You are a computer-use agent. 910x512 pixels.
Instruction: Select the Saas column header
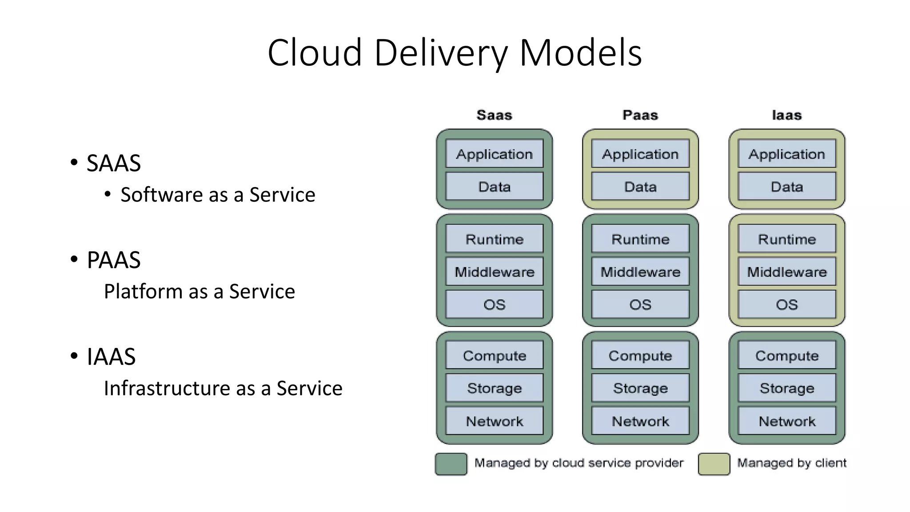[x=494, y=115]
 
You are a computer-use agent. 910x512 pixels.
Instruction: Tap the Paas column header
[x=640, y=115]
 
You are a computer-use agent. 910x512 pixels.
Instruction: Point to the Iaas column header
[x=786, y=115]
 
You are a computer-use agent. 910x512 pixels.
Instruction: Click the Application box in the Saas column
[x=494, y=154]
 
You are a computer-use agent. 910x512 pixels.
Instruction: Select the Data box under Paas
[x=640, y=187]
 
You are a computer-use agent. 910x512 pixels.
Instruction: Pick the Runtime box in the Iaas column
[x=786, y=239]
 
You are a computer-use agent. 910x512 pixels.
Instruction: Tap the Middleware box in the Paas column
[x=640, y=272]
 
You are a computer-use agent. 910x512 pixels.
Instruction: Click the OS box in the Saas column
[x=494, y=304]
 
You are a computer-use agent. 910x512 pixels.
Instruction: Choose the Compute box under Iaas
[x=786, y=356]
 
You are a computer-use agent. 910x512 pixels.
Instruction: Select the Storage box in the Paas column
[x=640, y=388]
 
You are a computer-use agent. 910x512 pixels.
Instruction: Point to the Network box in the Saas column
[x=494, y=421]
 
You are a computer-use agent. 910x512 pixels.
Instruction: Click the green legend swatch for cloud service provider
[x=451, y=464]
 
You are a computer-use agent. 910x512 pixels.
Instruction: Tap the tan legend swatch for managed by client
[x=714, y=464]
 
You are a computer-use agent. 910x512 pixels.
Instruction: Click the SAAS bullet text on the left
[x=114, y=163]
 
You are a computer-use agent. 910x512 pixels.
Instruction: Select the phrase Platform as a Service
[x=199, y=292]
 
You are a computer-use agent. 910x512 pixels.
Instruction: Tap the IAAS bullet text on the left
[x=111, y=356]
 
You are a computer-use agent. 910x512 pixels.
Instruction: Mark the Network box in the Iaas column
[x=786, y=421]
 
